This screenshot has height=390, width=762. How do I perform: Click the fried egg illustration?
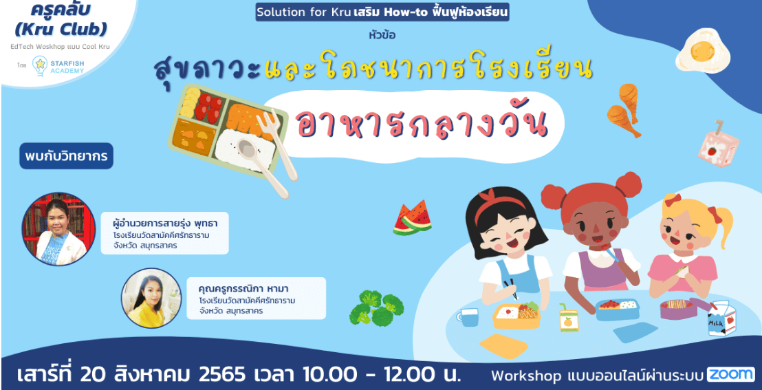(x=703, y=51)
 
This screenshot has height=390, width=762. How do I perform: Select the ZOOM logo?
(x=730, y=374)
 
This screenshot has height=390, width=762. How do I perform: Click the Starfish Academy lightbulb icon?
(x=40, y=65)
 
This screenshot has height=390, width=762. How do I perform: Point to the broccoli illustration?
(x=377, y=307)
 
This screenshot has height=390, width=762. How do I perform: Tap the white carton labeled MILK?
(x=721, y=318)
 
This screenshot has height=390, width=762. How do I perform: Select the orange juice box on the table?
(x=569, y=318)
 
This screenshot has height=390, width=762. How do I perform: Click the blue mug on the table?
(x=467, y=317)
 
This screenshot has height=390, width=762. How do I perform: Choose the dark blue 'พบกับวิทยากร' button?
(x=66, y=155)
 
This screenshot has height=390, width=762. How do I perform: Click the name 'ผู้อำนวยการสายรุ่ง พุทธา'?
(x=164, y=225)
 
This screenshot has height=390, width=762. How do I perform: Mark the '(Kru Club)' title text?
(x=61, y=30)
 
